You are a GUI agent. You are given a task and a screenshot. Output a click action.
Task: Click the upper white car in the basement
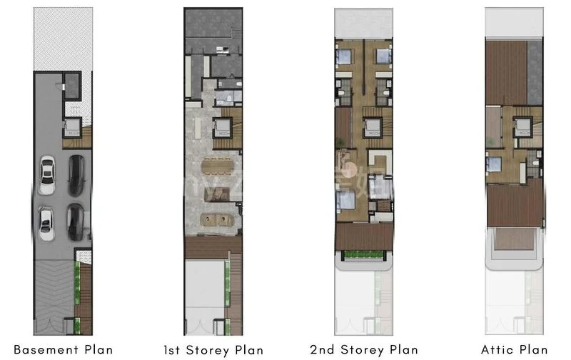[47, 175]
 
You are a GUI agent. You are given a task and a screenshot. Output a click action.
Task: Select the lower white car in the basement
[46, 223]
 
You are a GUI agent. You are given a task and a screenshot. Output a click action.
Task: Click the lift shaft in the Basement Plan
[73, 129]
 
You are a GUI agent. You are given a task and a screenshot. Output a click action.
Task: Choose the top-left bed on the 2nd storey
[344, 55]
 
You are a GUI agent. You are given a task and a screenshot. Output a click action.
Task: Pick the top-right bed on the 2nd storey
[383, 55]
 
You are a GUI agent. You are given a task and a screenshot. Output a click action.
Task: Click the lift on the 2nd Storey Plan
[372, 129]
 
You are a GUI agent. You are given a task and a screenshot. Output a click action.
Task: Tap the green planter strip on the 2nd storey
[363, 256]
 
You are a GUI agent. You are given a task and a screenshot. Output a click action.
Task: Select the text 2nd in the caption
[325, 350]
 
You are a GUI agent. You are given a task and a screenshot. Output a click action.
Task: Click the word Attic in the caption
[497, 349]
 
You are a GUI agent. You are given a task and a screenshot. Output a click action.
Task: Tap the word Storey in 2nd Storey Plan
[367, 350]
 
